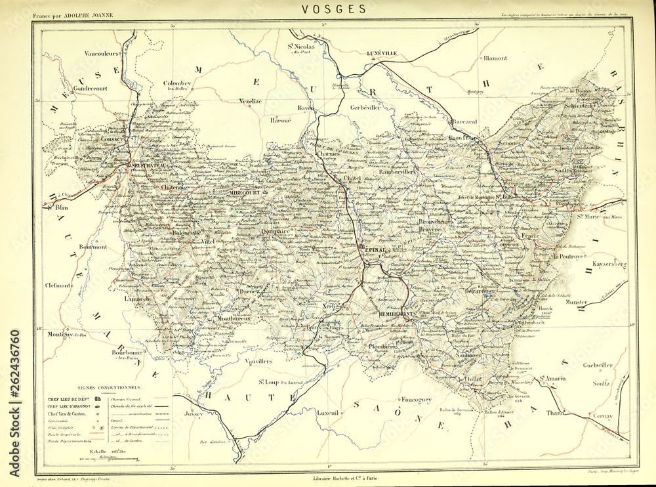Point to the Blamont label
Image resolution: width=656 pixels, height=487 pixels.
[x=495, y=58]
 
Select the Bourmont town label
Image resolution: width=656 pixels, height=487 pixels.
[x=92, y=247]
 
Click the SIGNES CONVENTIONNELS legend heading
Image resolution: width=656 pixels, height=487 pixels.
[x=108, y=387]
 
